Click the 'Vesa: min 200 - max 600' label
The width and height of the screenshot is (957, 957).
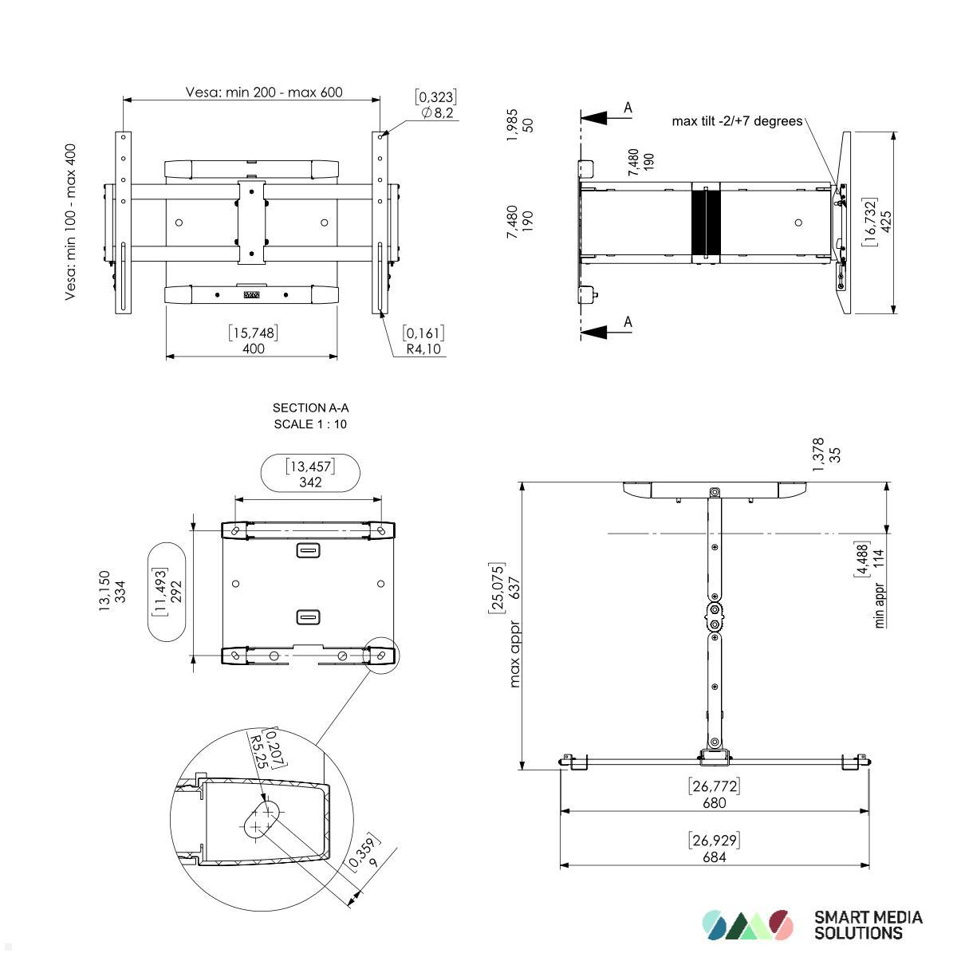[x=264, y=92]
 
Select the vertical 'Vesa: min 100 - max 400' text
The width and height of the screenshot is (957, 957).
[x=71, y=222]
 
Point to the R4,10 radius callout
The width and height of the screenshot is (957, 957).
[x=423, y=349]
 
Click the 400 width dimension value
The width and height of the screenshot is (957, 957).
[x=254, y=349]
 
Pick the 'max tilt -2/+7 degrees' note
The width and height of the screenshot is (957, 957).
[x=737, y=121]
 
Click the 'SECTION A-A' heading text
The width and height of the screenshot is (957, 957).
[x=310, y=408]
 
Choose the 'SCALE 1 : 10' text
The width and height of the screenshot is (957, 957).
[x=310, y=424]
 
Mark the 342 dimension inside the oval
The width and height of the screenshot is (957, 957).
[x=310, y=482]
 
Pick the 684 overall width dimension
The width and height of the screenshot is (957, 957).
[x=715, y=857]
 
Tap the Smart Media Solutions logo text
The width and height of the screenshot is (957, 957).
[x=868, y=925]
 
